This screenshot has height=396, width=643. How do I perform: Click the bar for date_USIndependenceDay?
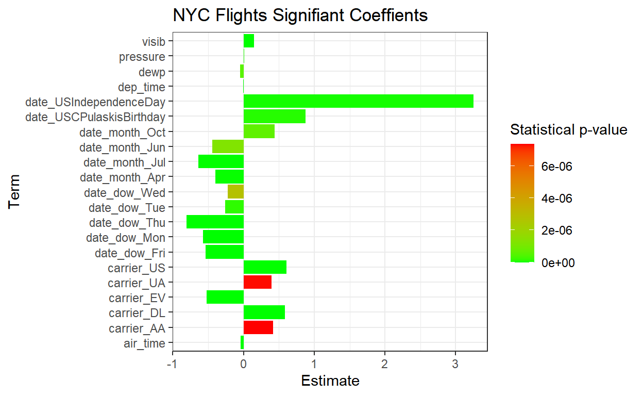(x=358, y=102)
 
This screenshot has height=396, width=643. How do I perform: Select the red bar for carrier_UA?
(x=257, y=283)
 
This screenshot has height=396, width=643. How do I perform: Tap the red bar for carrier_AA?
(x=258, y=328)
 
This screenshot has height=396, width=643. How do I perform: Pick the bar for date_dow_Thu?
(x=215, y=222)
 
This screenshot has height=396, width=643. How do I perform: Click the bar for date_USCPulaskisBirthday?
(x=274, y=117)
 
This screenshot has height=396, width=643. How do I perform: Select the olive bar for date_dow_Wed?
(x=235, y=192)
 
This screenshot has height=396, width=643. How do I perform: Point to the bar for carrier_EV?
(x=225, y=298)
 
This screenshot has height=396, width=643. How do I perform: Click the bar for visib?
(x=249, y=41)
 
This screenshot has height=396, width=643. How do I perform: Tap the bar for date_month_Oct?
(x=259, y=132)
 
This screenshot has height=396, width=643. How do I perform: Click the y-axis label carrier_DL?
(x=137, y=313)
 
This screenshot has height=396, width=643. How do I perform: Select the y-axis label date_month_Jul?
(x=125, y=162)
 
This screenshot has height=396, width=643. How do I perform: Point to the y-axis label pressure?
(x=142, y=57)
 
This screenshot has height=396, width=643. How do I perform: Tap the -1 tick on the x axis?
(x=173, y=361)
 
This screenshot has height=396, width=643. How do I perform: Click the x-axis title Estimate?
(x=330, y=381)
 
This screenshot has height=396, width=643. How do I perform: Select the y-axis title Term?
(x=15, y=192)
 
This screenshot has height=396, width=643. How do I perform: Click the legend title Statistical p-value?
(x=568, y=129)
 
